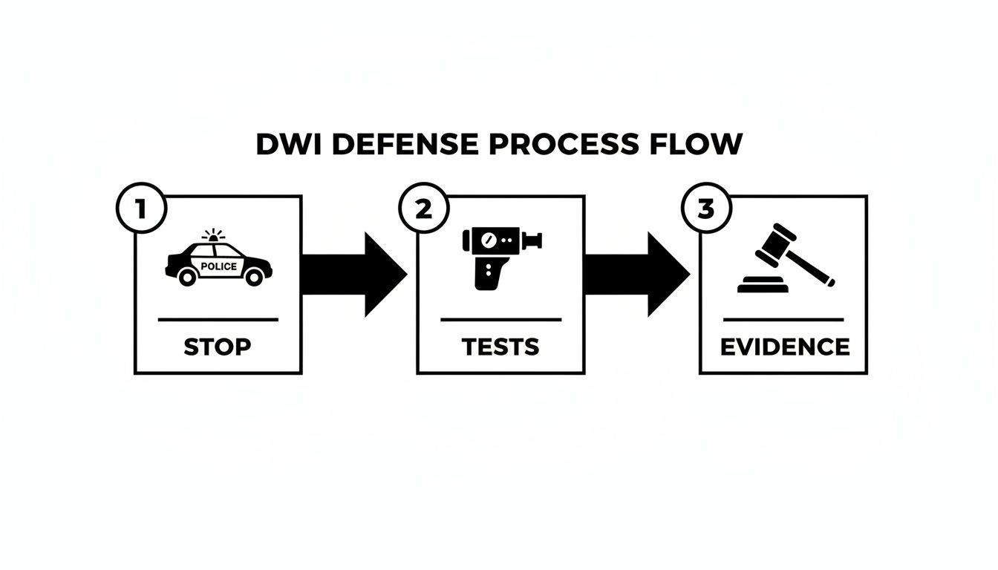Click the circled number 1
140,209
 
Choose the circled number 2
423,209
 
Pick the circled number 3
706,209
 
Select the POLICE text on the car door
219,266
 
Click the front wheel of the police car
254,277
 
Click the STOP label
218,347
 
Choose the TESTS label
500,347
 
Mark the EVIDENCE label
785,347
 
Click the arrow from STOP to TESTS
355,275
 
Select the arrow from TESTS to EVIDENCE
637,275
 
